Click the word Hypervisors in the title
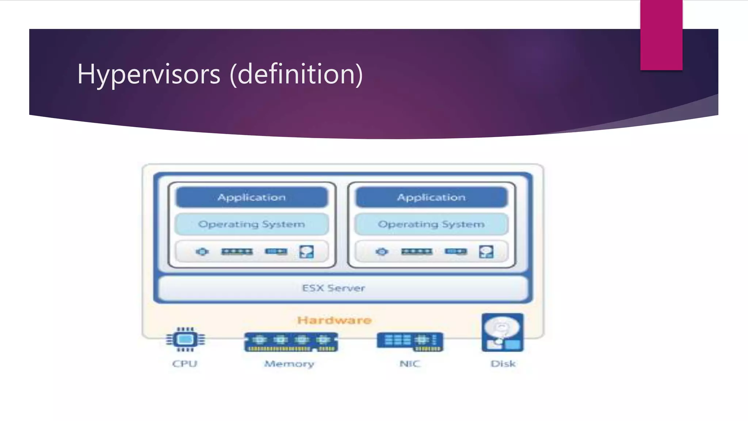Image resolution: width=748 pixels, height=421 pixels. click(149, 74)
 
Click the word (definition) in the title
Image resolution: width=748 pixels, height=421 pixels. click(296, 74)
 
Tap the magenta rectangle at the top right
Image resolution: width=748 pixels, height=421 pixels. click(661, 35)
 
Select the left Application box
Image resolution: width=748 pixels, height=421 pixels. click(252, 197)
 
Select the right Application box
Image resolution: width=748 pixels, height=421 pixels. click(431, 197)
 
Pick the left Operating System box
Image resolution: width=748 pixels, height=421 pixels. click(252, 224)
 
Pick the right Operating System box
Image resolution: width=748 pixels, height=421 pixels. click(431, 224)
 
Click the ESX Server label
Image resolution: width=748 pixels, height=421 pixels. click(333, 288)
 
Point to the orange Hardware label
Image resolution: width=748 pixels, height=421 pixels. click(334, 320)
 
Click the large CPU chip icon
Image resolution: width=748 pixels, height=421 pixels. click(185, 340)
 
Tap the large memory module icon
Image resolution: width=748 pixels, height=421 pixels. click(291, 342)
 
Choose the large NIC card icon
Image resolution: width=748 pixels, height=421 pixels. click(410, 342)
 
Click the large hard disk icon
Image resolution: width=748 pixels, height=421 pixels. click(503, 333)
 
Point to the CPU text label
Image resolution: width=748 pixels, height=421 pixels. click(185, 364)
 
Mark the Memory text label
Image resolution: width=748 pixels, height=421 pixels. click(289, 364)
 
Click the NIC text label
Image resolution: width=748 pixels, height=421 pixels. click(410, 364)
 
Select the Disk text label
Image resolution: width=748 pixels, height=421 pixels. click(503, 364)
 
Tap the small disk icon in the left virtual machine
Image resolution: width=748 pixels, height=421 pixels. click(306, 251)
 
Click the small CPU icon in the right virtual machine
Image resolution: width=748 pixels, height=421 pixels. click(382, 251)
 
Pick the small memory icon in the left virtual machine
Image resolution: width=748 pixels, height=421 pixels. click(237, 251)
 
